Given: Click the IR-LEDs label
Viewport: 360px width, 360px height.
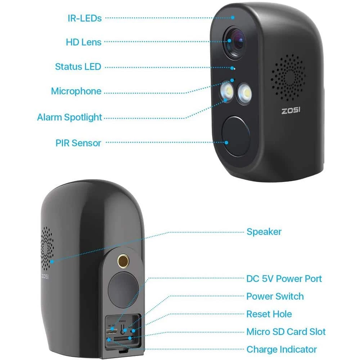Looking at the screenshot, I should point(85,18).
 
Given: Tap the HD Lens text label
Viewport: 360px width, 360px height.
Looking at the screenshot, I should point(84,42).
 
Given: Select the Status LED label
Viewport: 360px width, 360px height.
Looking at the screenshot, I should point(78,67).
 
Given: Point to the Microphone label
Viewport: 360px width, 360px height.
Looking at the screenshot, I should point(76,91).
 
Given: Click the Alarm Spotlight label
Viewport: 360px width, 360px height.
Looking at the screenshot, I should point(69,117).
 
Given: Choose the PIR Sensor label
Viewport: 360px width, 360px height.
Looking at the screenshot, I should point(78,143).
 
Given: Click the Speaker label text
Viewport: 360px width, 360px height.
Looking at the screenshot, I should point(264,231).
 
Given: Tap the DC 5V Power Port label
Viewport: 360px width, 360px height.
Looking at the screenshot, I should point(284,278).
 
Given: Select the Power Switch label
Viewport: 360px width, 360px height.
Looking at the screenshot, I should point(275,296).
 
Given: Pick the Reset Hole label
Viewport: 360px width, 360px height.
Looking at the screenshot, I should point(269,314).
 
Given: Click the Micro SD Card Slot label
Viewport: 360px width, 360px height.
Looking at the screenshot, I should point(286,332).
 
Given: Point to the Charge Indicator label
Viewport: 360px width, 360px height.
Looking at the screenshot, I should point(282,349).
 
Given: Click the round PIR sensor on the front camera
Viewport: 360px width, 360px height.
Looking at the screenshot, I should point(236,136).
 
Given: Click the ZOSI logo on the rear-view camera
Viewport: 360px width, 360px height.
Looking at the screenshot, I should point(45,276).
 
